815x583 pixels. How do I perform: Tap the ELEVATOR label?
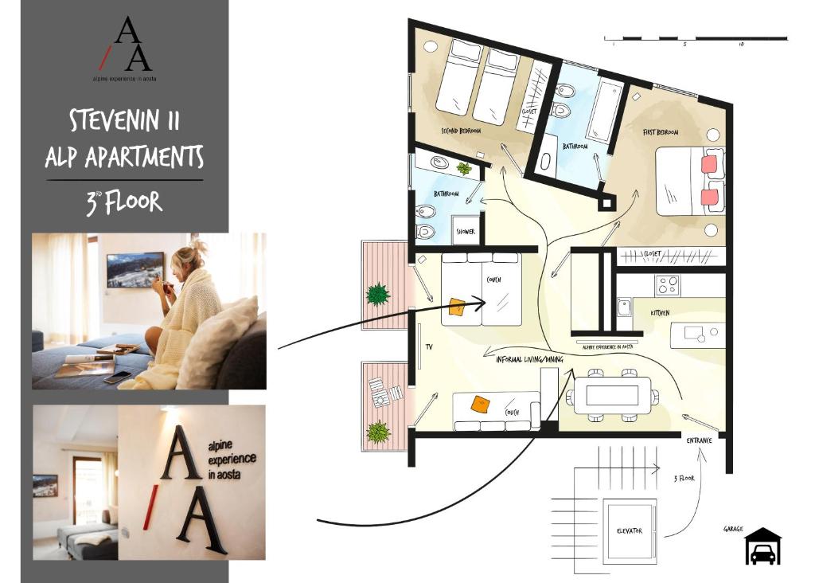pos(629,530)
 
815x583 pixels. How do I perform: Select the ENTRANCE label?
pos(700,440)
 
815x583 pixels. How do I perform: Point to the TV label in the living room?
pos(429,347)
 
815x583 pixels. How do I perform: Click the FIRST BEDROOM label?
pos(661,131)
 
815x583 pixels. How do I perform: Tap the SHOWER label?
pos(466,232)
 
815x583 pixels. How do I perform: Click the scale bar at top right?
pos(695,37)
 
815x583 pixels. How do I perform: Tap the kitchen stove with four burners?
pos(667,284)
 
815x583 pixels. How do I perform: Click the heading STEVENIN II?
pos(124,121)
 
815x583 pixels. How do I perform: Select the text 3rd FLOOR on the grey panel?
pos(124,202)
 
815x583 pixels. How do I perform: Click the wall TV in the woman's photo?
pos(135,270)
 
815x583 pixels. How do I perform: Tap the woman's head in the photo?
pos(189,256)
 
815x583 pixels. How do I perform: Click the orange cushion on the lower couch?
pos(479,404)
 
